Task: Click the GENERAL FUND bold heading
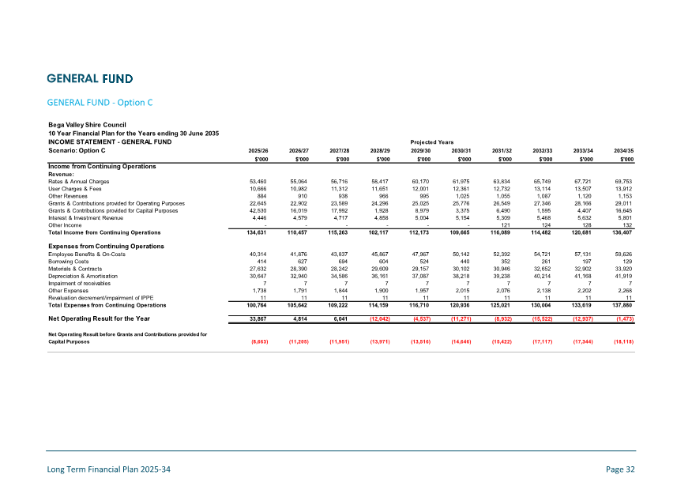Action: point(89,78)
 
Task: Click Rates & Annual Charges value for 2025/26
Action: point(258,182)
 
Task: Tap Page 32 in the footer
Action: point(620,469)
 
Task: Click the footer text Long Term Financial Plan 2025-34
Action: point(109,469)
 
